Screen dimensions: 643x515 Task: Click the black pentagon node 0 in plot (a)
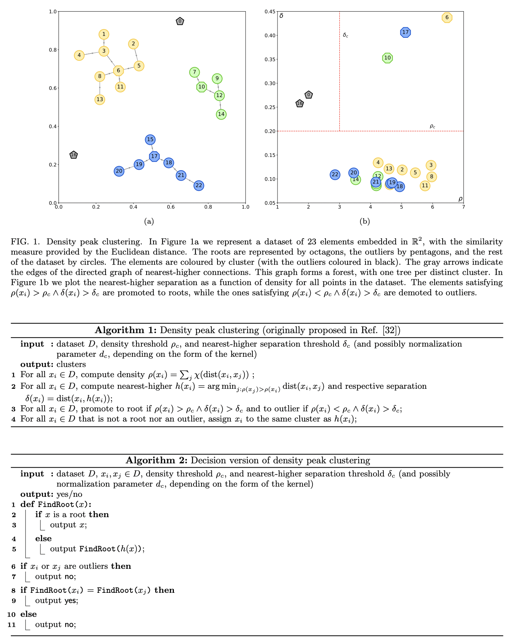(x=180, y=21)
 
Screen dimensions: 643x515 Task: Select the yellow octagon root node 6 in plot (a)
(x=119, y=71)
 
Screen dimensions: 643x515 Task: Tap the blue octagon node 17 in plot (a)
(x=155, y=156)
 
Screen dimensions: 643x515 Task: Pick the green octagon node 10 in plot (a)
(x=201, y=87)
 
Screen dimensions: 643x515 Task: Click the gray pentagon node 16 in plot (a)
(x=73, y=155)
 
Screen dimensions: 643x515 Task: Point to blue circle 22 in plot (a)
(x=199, y=185)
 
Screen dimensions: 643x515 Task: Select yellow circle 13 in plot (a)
(x=100, y=100)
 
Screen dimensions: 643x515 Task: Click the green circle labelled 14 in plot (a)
(x=221, y=114)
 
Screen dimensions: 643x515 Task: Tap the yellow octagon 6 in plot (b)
(x=447, y=17)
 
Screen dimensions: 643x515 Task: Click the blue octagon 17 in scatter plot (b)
(x=406, y=32)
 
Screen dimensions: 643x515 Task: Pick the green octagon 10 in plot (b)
(x=388, y=58)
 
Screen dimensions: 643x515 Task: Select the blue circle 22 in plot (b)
(x=335, y=175)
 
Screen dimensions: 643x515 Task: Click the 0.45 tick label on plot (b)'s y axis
(x=270, y=12)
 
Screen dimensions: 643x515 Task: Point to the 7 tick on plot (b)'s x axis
(x=463, y=207)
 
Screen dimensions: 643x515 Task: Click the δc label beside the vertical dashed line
(x=346, y=36)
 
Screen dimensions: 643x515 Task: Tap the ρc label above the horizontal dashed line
(x=432, y=127)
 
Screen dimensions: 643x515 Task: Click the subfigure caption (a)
(x=149, y=221)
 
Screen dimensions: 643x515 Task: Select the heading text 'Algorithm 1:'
(x=126, y=330)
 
